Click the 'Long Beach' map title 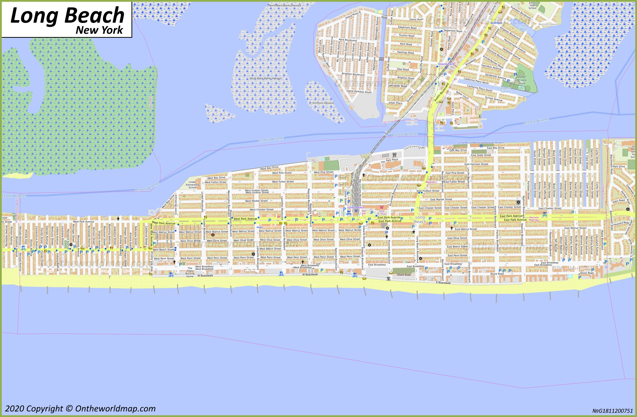pyautogui.click(x=67, y=16)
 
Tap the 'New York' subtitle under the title pyautogui.click(x=99, y=30)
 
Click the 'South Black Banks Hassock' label pyautogui.click(x=265, y=78)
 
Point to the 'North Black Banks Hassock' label pyautogui.click(x=285, y=5)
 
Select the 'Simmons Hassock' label pyautogui.click(x=323, y=103)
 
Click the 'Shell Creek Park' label pyautogui.click(x=522, y=80)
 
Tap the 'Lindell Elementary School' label pyautogui.click(x=192, y=185)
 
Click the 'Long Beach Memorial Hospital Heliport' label pyautogui.click(x=481, y=143)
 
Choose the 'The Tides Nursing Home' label pyautogui.click(x=190, y=272)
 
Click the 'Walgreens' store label pyautogui.click(x=431, y=182)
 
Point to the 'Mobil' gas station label pyautogui.click(x=260, y=227)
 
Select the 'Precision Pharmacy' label pyautogui.click(x=534, y=219)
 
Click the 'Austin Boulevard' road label pyautogui.click(x=441, y=92)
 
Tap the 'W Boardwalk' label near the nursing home pyautogui.click(x=205, y=275)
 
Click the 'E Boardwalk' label pyautogui.click(x=443, y=283)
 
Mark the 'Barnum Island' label pyautogui.click(x=548, y=24)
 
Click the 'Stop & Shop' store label pyautogui.click(x=382, y=213)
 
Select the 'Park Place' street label pyautogui.click(x=392, y=160)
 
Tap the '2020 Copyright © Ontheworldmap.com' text pyautogui.click(x=80, y=408)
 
